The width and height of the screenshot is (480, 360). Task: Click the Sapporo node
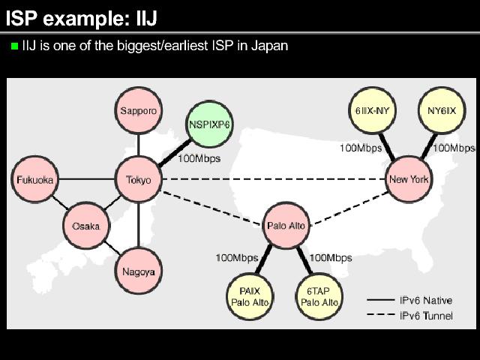point(139,111)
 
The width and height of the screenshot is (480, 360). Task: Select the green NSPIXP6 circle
point(209,124)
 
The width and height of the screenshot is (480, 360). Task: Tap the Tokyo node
point(139,180)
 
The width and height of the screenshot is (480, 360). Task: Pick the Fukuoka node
point(35,180)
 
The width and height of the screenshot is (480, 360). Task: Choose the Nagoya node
point(139,271)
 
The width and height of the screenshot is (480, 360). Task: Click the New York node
point(409,179)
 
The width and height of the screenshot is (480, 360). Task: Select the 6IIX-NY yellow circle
point(373,111)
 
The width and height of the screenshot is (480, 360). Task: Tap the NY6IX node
point(442,111)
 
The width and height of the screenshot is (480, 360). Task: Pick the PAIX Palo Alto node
point(249,295)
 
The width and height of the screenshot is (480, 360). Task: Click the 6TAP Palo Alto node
point(319,295)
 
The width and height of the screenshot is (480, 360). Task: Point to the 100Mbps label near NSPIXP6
point(199,158)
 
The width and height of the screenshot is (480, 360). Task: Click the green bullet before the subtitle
point(13,46)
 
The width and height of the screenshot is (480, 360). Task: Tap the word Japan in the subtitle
point(271,46)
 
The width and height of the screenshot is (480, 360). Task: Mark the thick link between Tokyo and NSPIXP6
point(173,153)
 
